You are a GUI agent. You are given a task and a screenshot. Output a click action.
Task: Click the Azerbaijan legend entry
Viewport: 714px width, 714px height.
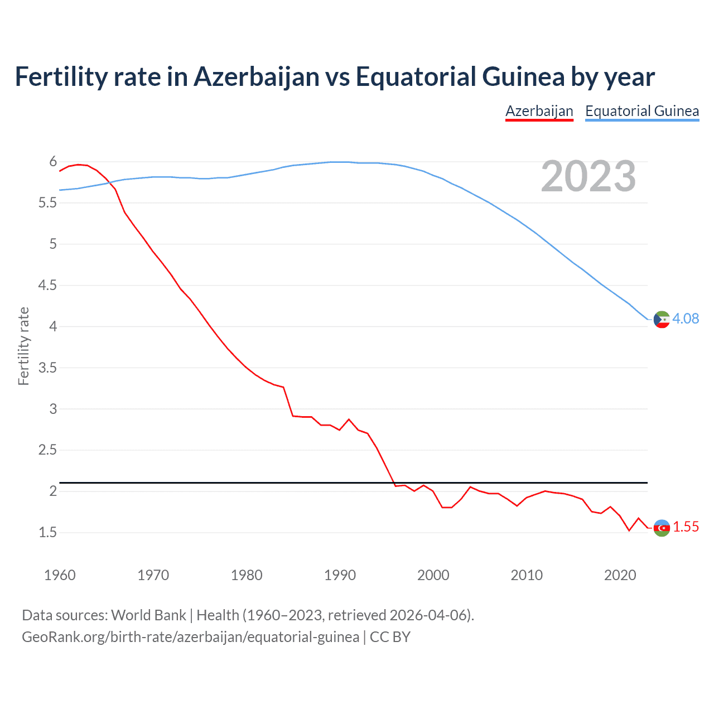coord(539,111)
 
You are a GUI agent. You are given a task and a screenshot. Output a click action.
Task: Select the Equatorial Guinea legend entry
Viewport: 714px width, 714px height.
coord(641,111)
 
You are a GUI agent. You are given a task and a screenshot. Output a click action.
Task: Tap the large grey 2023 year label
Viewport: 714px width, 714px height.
coord(588,176)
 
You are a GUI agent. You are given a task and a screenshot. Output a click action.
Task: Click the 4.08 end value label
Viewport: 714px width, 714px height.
coord(685,319)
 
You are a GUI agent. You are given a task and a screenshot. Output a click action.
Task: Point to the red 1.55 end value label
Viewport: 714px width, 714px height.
coord(686,527)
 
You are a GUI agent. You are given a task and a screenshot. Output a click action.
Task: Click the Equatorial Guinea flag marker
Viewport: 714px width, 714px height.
coord(662,320)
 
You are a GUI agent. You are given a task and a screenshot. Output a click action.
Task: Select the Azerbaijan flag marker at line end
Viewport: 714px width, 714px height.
coord(662,528)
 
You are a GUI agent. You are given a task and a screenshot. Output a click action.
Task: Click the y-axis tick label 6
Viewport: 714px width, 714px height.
coord(53,162)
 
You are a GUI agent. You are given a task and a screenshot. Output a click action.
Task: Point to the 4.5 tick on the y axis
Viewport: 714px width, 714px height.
coord(47,286)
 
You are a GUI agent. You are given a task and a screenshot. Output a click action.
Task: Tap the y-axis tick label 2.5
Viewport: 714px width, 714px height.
coord(47,450)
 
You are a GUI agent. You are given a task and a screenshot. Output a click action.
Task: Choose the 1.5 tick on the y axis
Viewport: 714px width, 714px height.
coord(47,533)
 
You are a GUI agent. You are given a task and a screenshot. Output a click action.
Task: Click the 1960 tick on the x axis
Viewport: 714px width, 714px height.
coord(60,575)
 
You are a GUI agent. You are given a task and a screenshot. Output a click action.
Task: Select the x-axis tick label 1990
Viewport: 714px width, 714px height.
coord(340,575)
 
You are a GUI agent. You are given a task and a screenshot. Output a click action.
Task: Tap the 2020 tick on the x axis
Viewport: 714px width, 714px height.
coord(620,575)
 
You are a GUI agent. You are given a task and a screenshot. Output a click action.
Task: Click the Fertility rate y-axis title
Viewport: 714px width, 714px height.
coord(23,346)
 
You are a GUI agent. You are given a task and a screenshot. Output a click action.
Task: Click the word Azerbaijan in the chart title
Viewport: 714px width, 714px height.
coord(256,76)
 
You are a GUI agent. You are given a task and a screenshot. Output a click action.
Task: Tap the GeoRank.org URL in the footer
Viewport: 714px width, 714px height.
coord(190,636)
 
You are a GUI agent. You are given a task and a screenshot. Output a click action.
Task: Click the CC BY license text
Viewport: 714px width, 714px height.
coord(390,636)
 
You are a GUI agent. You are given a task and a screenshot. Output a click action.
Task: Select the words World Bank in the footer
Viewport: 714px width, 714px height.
coord(148,615)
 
